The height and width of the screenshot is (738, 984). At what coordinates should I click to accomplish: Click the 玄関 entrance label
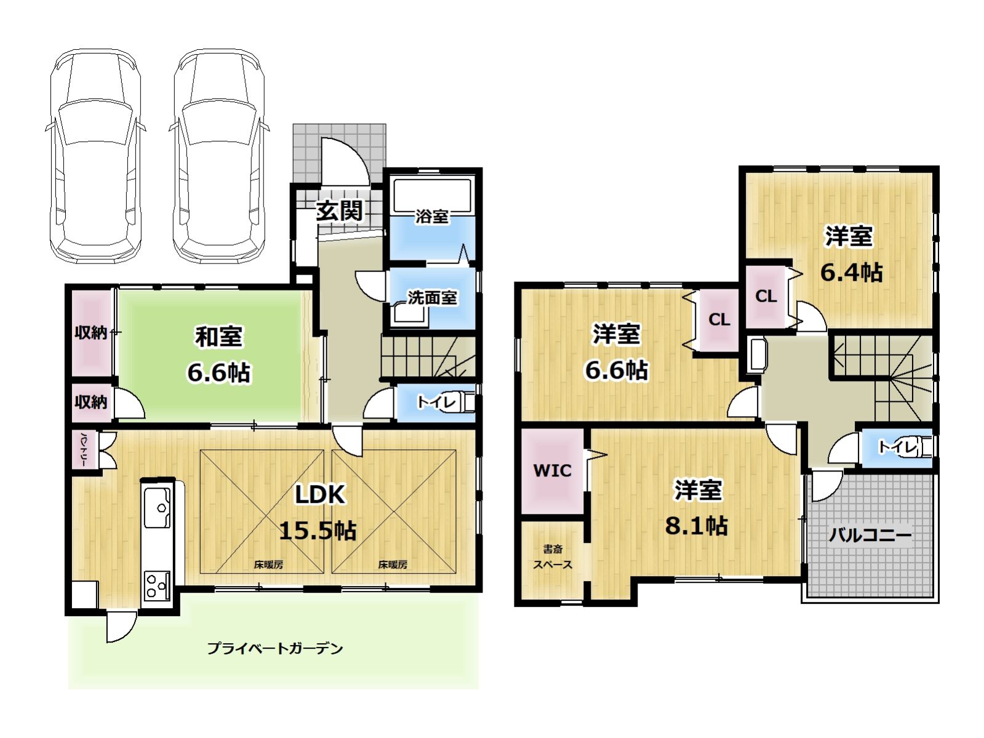pyautogui.click(x=339, y=211)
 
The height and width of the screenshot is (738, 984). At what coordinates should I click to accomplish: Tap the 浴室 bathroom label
pyautogui.click(x=431, y=216)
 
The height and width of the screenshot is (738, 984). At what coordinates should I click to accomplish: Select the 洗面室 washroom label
pyautogui.click(x=432, y=298)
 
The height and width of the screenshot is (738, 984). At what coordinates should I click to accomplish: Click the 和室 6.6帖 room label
pyautogui.click(x=218, y=354)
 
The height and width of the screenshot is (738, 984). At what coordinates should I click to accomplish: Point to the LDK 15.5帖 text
pyautogui.click(x=319, y=511)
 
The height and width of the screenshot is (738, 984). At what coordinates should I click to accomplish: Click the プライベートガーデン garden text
pyautogui.click(x=274, y=648)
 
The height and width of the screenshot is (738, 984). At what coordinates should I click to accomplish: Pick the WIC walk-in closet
pyautogui.click(x=552, y=471)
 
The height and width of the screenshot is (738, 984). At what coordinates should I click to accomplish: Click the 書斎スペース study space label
pyautogui.click(x=552, y=556)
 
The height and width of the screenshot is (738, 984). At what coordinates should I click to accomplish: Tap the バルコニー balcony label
pyautogui.click(x=870, y=534)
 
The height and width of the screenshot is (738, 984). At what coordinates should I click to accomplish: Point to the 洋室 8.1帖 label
pyautogui.click(x=697, y=508)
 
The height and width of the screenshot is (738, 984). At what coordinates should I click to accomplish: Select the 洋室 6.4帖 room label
pyautogui.click(x=850, y=254)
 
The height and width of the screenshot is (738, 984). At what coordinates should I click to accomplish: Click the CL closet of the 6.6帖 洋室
pyautogui.click(x=719, y=320)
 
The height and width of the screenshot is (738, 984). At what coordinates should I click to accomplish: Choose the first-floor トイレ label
pyautogui.click(x=436, y=403)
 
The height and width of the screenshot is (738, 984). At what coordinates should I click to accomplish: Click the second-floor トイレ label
pyautogui.click(x=897, y=446)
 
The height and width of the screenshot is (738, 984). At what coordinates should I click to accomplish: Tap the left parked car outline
pyautogui.click(x=95, y=157)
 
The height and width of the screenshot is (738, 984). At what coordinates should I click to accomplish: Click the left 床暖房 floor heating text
pyautogui.click(x=268, y=564)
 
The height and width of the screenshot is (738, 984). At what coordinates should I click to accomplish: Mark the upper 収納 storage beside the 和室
pyautogui.click(x=90, y=332)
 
